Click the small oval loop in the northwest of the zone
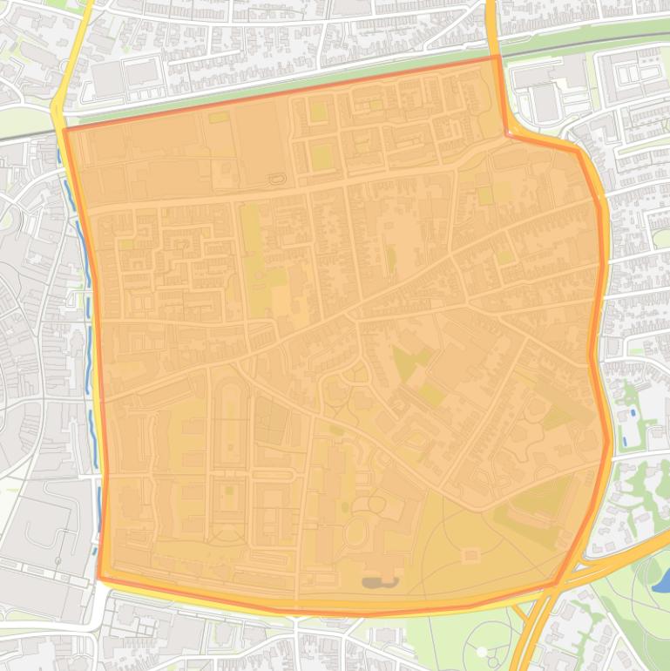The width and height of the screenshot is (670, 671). coord(278,179)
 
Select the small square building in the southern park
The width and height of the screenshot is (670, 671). coord(471,554)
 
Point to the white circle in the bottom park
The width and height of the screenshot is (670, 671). coord(481,652)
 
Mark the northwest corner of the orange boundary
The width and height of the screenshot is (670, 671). coord(64,131)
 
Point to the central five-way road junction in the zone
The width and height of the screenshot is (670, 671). coord(352,317)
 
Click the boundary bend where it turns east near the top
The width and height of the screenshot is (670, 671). coord(506,133)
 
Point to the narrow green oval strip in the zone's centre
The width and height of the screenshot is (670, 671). coord(390,258)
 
